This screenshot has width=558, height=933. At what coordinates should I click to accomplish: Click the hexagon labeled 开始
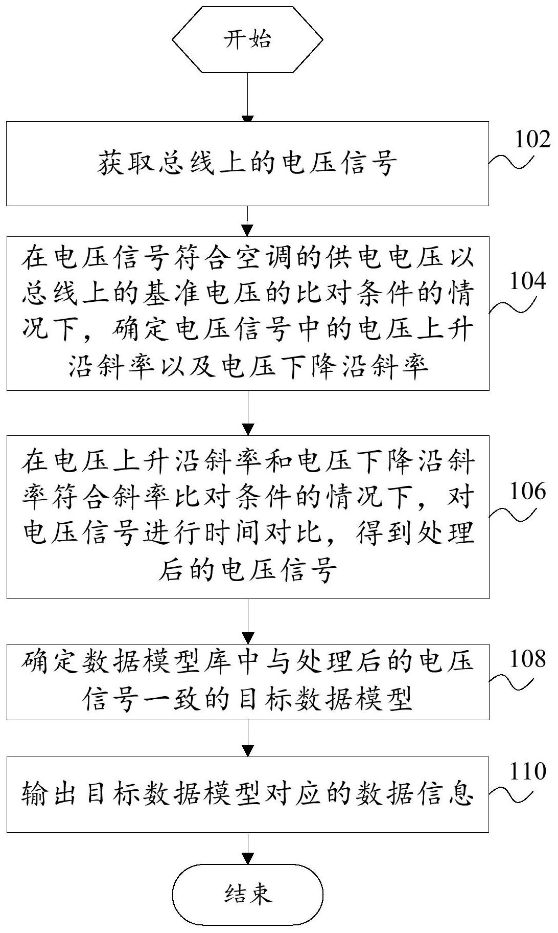point(247,39)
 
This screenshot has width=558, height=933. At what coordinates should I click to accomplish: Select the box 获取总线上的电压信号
point(247,163)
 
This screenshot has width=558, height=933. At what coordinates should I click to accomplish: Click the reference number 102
point(532,139)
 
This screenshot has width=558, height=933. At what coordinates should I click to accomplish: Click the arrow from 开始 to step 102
point(247,97)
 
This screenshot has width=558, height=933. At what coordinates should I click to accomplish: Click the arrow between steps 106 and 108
point(247,621)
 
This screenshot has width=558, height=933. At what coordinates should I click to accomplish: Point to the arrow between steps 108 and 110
point(247,738)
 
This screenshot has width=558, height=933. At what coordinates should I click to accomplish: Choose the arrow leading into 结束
point(247,849)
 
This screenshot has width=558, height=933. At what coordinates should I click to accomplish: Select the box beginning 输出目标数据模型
point(247,794)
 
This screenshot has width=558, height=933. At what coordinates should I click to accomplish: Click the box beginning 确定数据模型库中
point(247,682)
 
